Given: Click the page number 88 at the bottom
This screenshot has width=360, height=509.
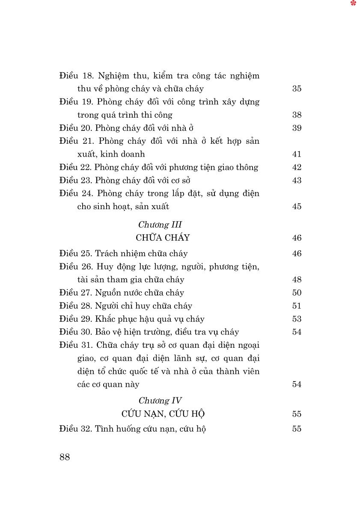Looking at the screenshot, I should (65, 457).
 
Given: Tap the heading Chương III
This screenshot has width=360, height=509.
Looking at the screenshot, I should (160, 225).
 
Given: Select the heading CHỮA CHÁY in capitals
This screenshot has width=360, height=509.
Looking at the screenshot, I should (163, 238).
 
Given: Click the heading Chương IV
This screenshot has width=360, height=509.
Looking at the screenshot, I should (160, 400).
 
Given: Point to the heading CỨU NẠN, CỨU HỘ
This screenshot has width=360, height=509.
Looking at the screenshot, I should (163, 414).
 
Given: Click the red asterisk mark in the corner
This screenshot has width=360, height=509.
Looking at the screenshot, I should (353, 3).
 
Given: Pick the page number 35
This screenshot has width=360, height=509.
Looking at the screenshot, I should (297, 89).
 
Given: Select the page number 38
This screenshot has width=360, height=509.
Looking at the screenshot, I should (297, 115).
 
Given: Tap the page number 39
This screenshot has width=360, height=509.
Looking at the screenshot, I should (297, 128).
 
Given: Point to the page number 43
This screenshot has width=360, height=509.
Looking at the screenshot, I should (297, 180).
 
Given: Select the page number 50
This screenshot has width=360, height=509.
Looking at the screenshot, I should (297, 293).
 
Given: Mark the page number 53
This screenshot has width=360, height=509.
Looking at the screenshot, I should (297, 319).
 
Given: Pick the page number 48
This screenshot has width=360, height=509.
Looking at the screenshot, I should (297, 279).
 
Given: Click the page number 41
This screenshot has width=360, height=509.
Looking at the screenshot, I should (297, 154).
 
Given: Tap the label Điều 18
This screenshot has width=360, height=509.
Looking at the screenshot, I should (76, 76).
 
